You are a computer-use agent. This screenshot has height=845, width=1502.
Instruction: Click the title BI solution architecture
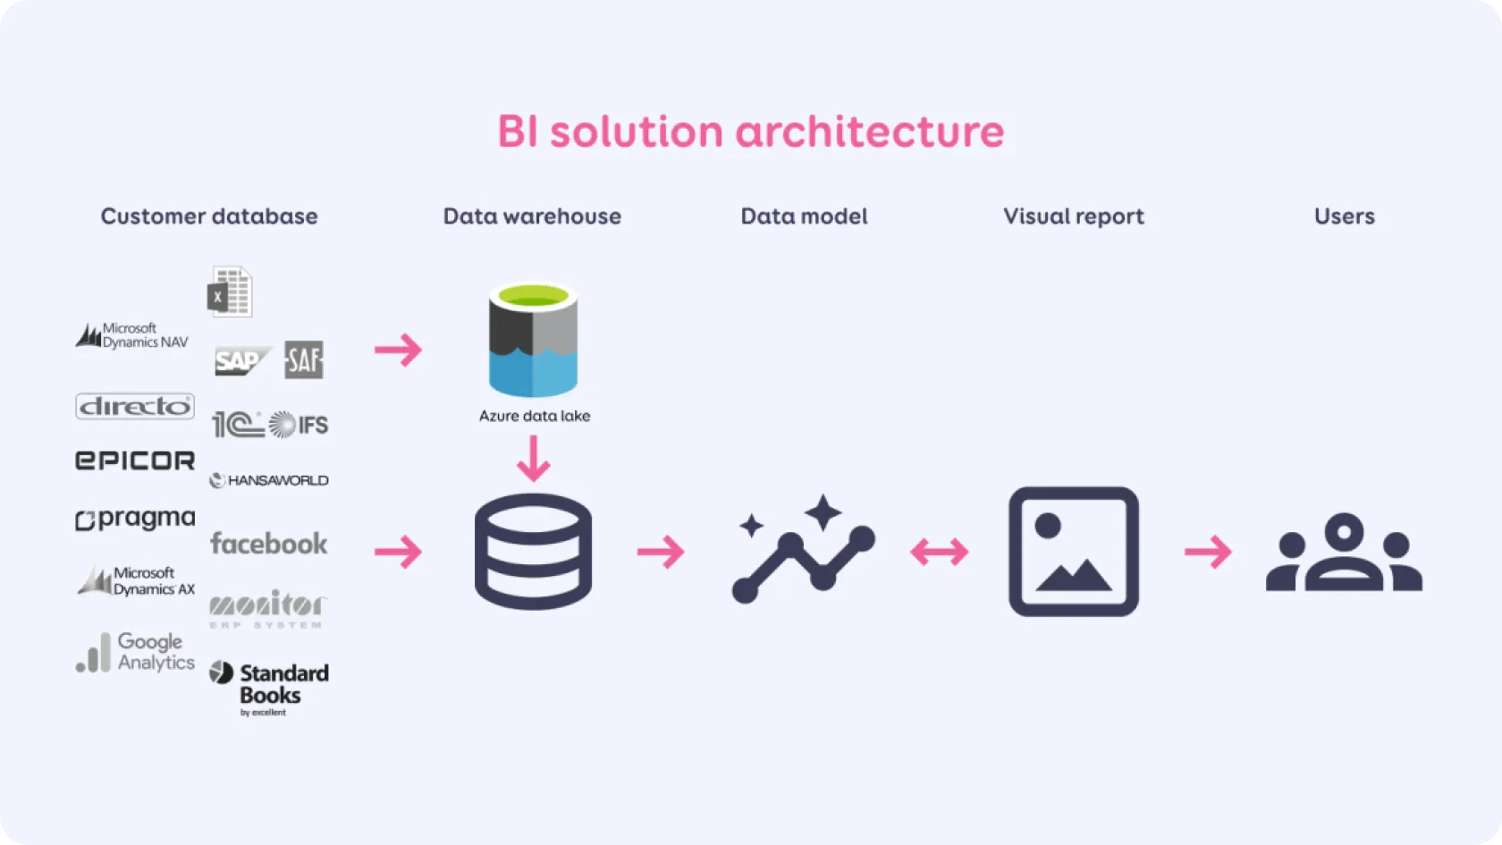750,132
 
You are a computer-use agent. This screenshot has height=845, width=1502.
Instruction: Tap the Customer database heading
209,216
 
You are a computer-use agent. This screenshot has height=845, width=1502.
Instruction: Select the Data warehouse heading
532,216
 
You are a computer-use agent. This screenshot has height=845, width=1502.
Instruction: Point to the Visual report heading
1073,216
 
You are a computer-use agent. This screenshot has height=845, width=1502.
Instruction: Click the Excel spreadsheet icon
230,292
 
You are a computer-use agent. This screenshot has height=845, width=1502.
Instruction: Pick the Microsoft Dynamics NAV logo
132,336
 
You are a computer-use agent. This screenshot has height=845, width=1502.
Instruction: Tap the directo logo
135,407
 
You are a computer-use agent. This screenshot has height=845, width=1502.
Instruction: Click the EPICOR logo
135,461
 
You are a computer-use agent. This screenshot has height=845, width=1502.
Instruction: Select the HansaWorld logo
269,480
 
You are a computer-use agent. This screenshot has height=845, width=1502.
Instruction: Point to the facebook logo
269,544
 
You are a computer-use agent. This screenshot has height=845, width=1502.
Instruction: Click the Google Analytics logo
135,652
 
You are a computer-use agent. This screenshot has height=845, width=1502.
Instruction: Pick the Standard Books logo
269,687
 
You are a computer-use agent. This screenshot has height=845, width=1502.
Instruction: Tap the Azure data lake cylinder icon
533,341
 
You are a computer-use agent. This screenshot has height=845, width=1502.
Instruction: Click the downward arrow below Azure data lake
534,458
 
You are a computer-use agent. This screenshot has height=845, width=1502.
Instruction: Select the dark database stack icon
533,552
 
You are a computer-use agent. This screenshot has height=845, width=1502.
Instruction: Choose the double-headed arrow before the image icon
940,552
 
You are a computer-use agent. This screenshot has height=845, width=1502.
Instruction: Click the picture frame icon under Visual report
1074,552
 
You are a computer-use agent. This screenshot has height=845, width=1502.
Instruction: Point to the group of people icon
1344,552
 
